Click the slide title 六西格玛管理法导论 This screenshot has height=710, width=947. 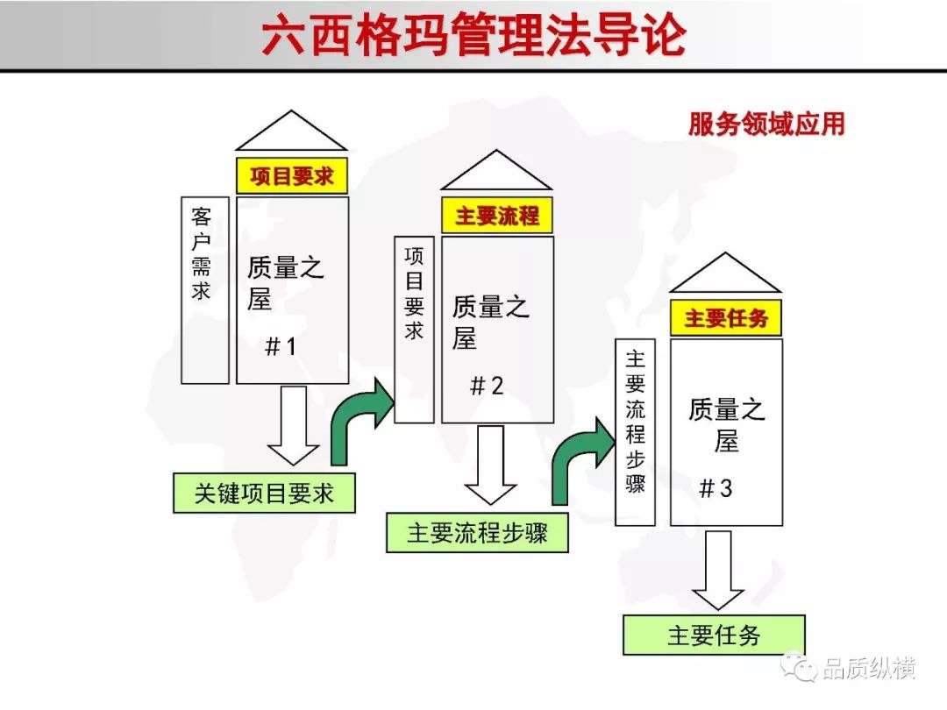[474, 35]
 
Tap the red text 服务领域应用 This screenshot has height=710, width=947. [766, 124]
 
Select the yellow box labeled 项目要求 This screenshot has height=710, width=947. [292, 175]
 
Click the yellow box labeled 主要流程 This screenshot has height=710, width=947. [496, 215]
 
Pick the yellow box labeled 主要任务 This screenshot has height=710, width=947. [725, 317]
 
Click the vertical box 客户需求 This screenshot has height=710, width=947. [205, 290]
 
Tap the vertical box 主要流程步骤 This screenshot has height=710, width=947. [635, 431]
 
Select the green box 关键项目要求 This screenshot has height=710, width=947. [264, 493]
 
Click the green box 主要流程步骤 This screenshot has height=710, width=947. [477, 533]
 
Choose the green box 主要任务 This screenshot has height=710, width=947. [714, 635]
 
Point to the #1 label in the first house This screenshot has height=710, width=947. [281, 346]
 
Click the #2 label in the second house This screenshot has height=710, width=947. [486, 386]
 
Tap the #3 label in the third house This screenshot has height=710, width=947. [716, 488]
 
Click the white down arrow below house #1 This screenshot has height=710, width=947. [294, 426]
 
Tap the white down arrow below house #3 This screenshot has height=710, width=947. [718, 571]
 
